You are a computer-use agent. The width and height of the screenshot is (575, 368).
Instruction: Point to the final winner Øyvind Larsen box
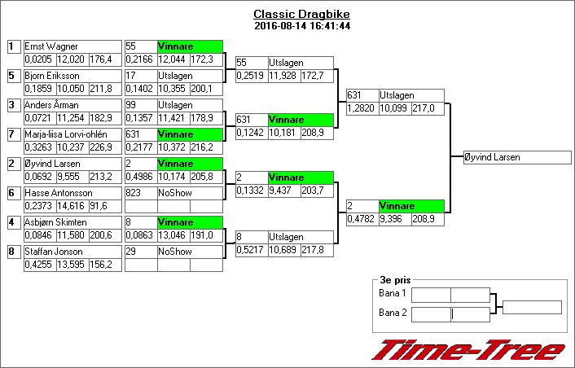tap(517, 157)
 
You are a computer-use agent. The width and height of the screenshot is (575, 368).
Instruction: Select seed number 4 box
tap(13, 222)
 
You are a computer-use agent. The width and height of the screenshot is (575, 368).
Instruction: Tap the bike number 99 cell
tap(139, 105)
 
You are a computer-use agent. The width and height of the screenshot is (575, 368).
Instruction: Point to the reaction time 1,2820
tap(362, 108)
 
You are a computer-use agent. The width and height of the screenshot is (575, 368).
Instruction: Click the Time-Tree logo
tap(468, 351)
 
